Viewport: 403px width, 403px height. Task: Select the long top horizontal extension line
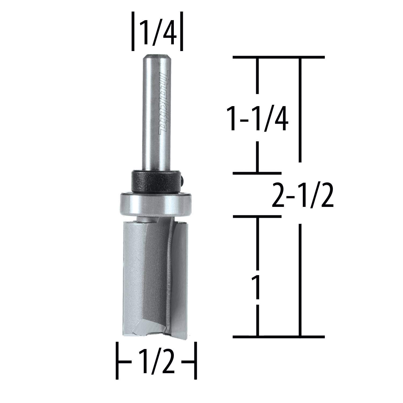click(x=279, y=57)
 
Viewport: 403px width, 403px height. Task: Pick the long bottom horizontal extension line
click(x=279, y=336)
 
